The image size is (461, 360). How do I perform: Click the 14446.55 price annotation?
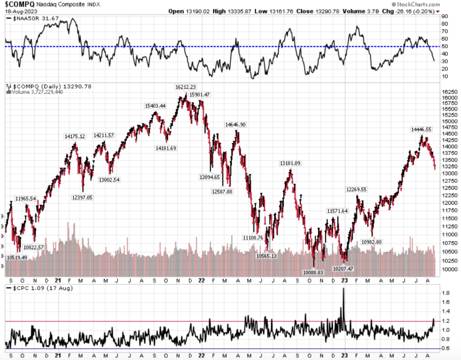coord(421,129)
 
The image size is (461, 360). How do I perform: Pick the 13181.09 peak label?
coord(290,163)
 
